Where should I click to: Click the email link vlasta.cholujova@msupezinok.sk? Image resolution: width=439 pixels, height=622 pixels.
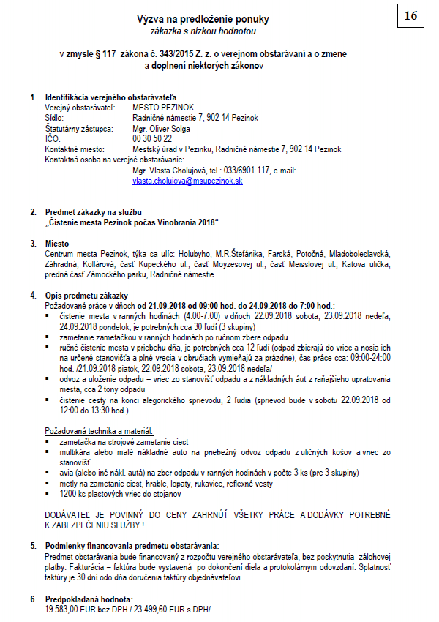[x=187, y=180]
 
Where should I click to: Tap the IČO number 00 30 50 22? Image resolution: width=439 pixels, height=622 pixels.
[x=152, y=138]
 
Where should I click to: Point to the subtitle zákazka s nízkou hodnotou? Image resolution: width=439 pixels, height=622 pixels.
[x=198, y=32]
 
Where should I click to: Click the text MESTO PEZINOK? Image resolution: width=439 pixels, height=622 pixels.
[x=161, y=108]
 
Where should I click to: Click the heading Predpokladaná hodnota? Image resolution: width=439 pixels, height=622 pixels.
[x=86, y=599]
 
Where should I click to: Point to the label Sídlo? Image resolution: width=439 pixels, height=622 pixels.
[x=55, y=118]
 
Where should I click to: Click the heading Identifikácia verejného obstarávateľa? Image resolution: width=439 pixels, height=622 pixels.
[x=111, y=97]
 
